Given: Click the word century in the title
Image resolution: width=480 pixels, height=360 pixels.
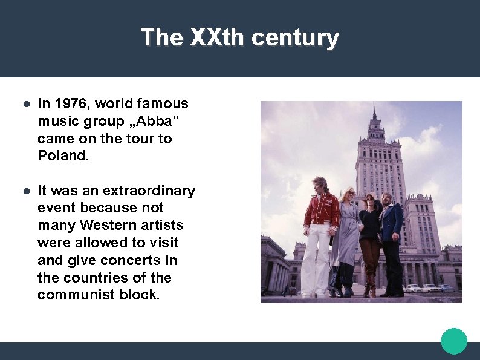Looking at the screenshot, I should click(x=295, y=38).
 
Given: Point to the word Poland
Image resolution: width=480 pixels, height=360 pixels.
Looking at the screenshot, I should click(x=63, y=156).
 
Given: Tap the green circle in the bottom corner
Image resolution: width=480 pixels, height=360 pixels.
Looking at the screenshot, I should click(x=454, y=341).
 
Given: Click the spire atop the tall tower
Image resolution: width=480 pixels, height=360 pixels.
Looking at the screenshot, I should click(x=374, y=112).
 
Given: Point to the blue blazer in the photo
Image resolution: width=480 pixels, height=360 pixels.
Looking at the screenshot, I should click(x=392, y=220).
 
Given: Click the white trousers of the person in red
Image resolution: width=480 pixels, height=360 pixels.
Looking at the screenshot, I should click(x=316, y=260).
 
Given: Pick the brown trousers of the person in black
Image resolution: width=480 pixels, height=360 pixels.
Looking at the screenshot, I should click(x=370, y=260).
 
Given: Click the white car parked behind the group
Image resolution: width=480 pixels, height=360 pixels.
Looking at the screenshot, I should click(x=429, y=288).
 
